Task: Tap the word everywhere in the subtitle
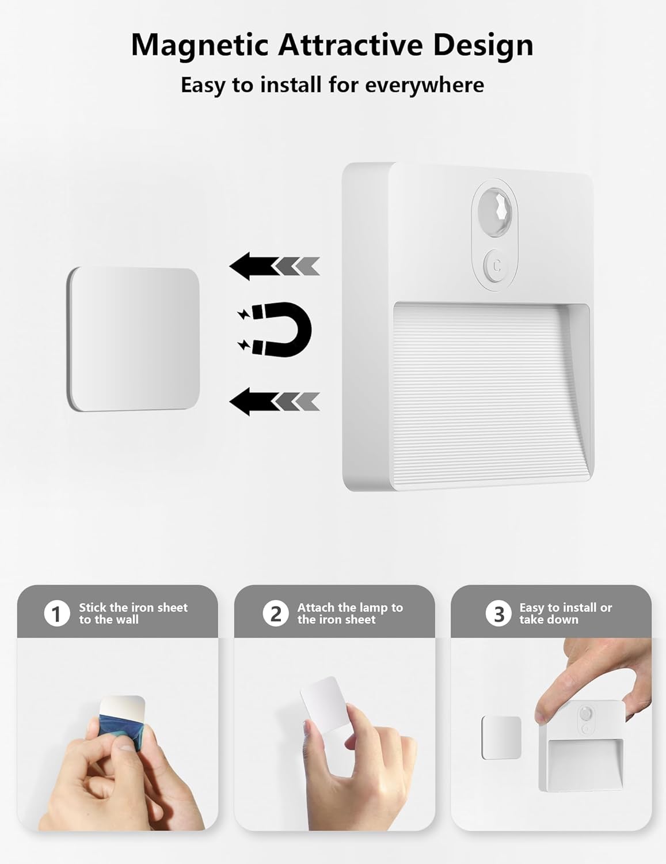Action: [x=424, y=85]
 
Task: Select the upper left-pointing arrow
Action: [x=275, y=266]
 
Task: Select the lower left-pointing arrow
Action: [x=275, y=401]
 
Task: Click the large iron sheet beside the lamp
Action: [x=133, y=339]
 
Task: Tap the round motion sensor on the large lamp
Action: [x=494, y=213]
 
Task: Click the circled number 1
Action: [x=57, y=613]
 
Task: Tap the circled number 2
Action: [x=276, y=613]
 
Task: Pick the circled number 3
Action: [x=498, y=613]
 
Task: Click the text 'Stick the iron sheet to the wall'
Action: [x=133, y=613]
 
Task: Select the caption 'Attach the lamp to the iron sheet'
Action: [x=350, y=613]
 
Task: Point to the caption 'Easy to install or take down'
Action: [x=565, y=613]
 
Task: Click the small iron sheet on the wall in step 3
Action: [x=501, y=737]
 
